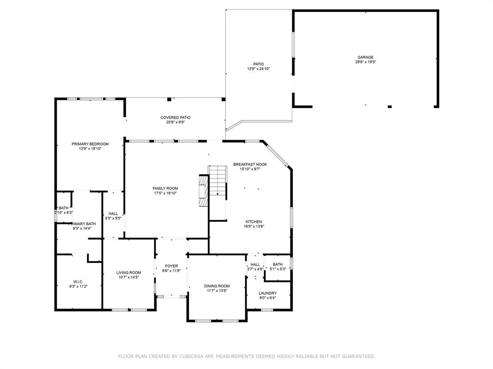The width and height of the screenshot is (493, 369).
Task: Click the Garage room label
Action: point(365,57)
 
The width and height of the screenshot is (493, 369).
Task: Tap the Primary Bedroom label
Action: point(90,144)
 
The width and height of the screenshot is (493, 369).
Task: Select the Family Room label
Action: point(166,188)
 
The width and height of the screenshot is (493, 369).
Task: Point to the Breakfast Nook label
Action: point(250,164)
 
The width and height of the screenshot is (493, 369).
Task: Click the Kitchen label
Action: point(254,221)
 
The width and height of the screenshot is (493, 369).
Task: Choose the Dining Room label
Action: point(217,286)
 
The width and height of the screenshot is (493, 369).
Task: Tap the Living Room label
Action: point(129,273)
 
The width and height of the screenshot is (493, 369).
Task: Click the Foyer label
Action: point(171,266)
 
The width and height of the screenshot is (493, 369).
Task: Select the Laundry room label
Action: point(268,293)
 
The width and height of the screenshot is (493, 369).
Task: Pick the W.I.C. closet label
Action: point(78,282)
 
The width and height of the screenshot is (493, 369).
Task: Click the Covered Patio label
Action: point(175,118)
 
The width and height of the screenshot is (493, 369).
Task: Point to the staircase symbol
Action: point(218,181)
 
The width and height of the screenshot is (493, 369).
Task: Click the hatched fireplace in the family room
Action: point(204,190)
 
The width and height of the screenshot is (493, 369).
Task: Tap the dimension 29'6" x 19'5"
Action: point(366,62)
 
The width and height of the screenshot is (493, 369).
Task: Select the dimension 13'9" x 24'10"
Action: point(259,69)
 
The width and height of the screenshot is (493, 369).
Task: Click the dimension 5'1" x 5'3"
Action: point(278,269)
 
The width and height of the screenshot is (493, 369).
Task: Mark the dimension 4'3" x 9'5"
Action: point(113,218)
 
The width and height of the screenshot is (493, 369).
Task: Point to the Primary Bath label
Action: point(82,224)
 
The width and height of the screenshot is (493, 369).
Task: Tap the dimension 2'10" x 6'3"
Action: point(64,212)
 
